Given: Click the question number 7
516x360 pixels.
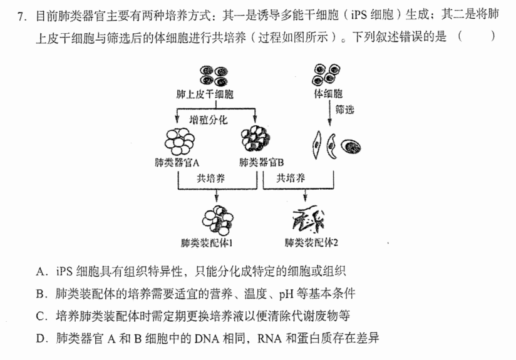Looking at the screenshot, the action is pos(22,16).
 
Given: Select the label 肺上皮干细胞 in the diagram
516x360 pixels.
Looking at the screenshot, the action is pos(205,95).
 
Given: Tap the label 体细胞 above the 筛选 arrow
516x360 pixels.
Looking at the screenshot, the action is pos(328,94).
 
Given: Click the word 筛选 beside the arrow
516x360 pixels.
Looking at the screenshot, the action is pos(344,109).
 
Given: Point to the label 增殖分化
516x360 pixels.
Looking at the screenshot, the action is pos(208,120).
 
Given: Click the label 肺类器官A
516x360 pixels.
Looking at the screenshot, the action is pos(177,162).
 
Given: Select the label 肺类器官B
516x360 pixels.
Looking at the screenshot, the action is pos(261,162).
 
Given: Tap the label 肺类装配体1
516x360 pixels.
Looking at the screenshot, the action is pos(207,243).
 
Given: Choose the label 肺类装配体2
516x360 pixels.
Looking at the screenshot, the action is pos(311,243).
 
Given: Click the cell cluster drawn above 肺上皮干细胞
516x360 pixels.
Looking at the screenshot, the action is pos(214,76).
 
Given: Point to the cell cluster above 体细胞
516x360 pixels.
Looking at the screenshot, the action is pos(326,74).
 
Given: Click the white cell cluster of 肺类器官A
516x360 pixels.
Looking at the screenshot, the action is pos(179,141).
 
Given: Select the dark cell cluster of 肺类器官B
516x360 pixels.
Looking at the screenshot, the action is pos(255,138).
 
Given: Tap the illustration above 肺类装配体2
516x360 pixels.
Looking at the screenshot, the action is pos(308,219).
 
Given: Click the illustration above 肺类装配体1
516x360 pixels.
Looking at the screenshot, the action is pos(217,220).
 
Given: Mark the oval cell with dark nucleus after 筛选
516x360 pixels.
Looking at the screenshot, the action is pos(351,147).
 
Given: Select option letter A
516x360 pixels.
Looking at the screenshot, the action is pos(40,272).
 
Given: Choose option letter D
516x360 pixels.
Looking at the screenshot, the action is pos(40,339).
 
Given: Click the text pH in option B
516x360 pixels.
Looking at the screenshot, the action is pos(286,294).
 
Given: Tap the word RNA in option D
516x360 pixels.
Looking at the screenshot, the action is pos(269,339).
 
